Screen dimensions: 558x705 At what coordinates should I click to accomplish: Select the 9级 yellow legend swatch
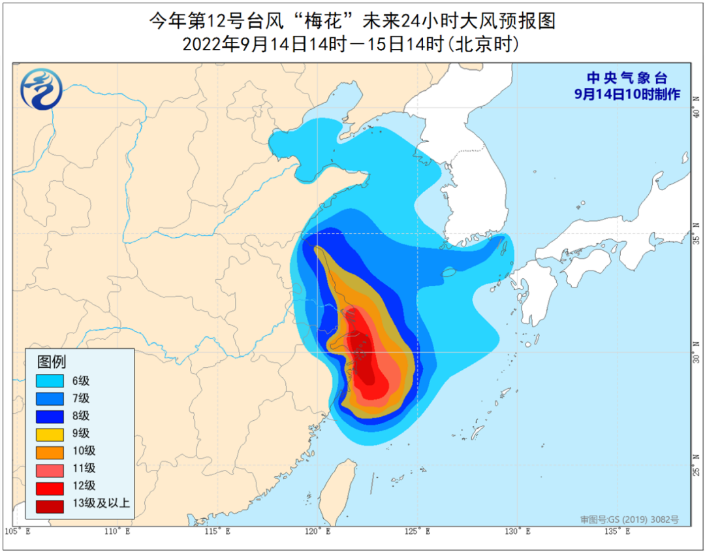point(46,434)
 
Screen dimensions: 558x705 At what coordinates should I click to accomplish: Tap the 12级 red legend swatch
point(46,486)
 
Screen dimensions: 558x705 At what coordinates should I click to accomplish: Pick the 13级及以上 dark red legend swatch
point(46,504)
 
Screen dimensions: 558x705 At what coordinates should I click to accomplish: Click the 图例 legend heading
point(52,361)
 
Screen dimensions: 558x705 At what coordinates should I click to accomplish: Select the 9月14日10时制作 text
point(627,94)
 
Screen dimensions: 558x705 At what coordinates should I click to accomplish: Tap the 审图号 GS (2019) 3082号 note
point(629,519)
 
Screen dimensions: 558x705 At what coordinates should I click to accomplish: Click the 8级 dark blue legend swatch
point(46,416)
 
